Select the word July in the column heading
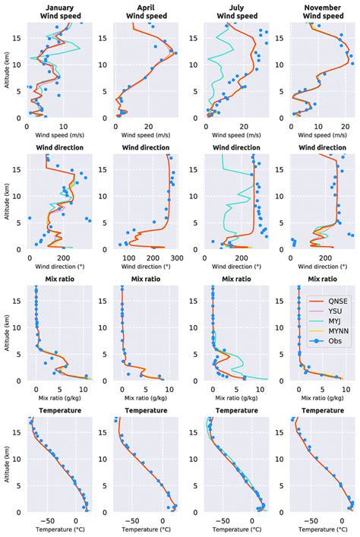point(231,5)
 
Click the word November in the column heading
point(319,5)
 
